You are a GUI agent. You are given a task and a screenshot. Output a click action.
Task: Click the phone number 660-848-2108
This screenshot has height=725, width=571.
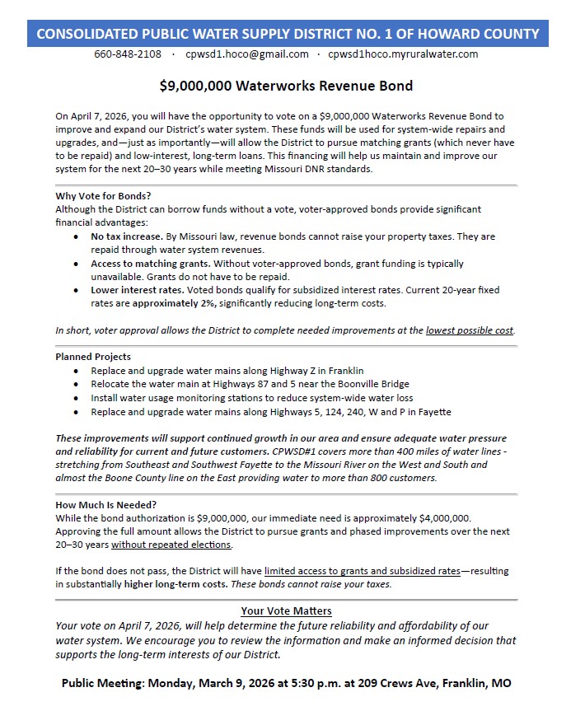coord(128,54)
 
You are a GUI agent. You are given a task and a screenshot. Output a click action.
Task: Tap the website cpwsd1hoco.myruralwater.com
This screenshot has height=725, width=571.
coord(403,54)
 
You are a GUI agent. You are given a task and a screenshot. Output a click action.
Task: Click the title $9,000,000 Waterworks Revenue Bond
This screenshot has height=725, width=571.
coord(286,86)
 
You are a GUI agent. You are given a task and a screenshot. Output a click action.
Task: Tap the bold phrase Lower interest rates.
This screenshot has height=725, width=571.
coord(137,290)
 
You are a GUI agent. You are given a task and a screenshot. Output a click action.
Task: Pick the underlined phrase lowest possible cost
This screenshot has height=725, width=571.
coord(470,330)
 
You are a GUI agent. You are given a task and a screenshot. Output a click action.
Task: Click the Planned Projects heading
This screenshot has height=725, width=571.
coord(93,358)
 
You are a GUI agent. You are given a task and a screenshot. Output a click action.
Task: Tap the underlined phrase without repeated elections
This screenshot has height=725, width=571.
coord(171,545)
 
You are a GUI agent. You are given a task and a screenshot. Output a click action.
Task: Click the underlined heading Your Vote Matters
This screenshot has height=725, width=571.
coord(286,611)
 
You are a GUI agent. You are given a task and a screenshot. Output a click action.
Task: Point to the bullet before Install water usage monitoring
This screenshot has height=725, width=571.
coord(77,398)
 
